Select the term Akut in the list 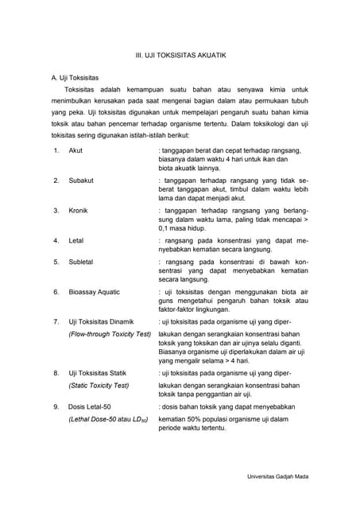(x=76, y=150)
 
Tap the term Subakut (x=81, y=181)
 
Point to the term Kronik (x=79, y=211)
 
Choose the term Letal (x=76, y=240)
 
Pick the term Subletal (x=81, y=262)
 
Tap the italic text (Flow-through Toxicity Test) (x=110, y=334)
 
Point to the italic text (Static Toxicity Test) (x=99, y=385)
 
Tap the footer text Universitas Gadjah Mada (x=277, y=476)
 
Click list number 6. (x=56, y=292)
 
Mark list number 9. (x=56, y=406)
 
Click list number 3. (x=56, y=211)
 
